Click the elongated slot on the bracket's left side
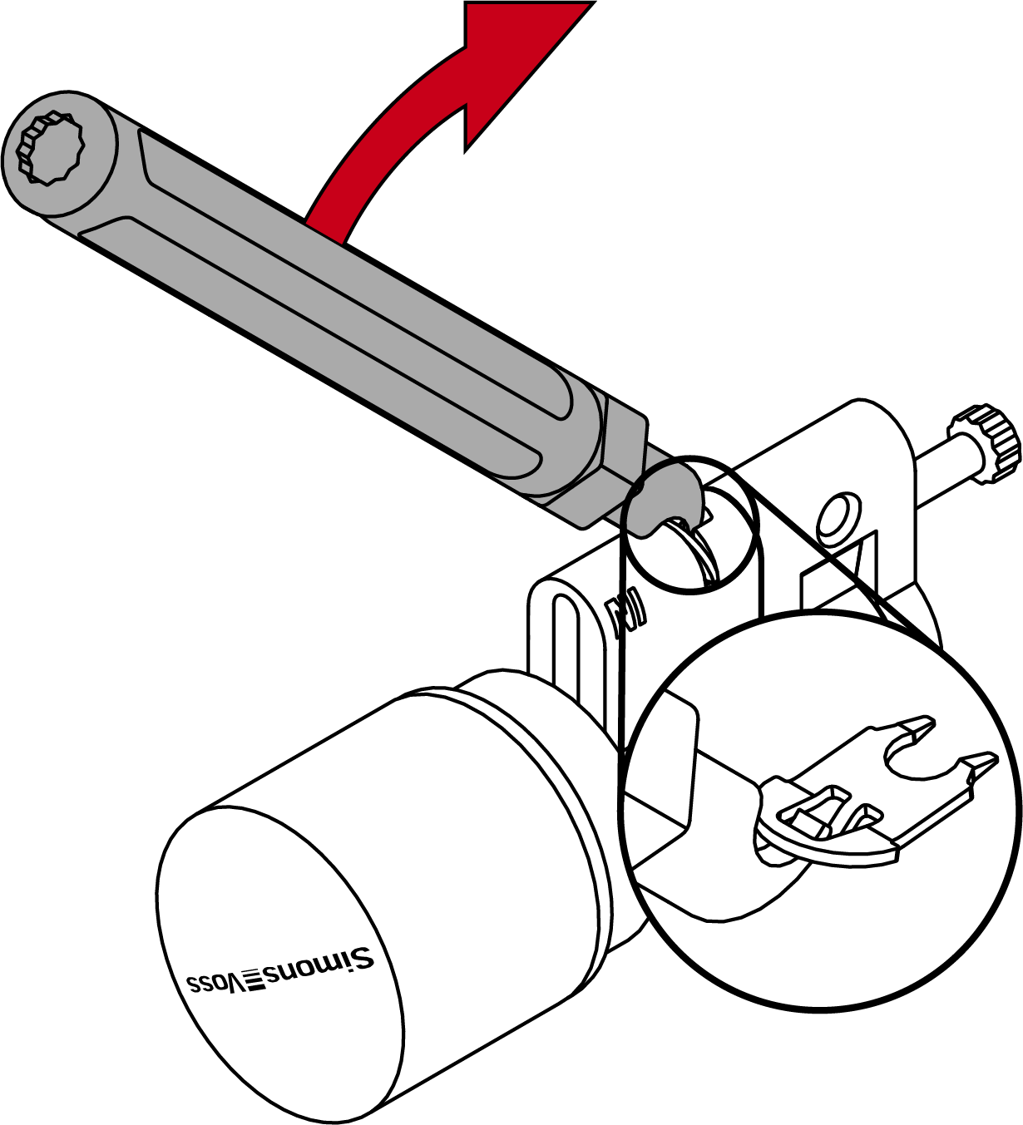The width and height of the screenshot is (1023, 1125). pyautogui.click(x=566, y=645)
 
